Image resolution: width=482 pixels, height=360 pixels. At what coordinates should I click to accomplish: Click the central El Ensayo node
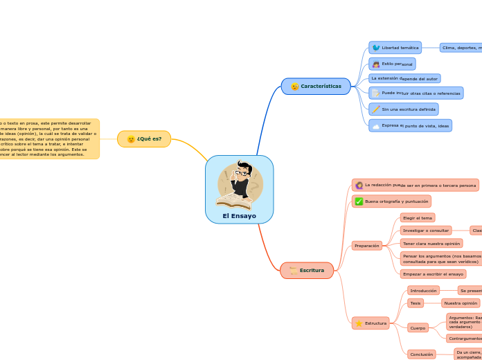tap(239, 215)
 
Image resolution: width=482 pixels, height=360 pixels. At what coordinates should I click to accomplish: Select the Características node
tap(316, 87)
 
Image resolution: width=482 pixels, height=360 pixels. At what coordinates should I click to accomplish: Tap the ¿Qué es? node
tap(144, 139)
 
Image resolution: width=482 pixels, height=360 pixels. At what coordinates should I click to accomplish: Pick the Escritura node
tap(307, 270)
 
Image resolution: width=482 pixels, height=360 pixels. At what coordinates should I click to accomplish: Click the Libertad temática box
tap(395, 48)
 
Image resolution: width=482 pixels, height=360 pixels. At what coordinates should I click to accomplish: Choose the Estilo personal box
tap(393, 64)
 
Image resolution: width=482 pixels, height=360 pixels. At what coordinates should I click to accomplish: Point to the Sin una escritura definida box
tap(404, 109)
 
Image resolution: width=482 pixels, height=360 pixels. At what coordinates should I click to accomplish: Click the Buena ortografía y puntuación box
tap(392, 201)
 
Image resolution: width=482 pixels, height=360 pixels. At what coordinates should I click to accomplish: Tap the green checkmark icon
tap(359, 201)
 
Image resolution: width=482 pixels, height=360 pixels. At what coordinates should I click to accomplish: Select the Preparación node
tap(366, 246)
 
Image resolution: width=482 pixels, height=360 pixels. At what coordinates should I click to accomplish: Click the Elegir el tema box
tap(418, 218)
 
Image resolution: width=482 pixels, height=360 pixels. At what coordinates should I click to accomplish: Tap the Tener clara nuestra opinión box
tap(431, 244)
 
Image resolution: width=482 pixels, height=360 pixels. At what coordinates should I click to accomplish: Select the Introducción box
tap(423, 291)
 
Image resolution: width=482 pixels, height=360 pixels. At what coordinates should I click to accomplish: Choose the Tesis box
tap(416, 303)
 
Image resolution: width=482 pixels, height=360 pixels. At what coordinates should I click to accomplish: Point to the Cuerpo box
tap(418, 327)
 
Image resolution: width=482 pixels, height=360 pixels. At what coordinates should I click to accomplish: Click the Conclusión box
tap(421, 354)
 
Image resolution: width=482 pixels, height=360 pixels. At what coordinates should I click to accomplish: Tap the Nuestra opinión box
tap(461, 303)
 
